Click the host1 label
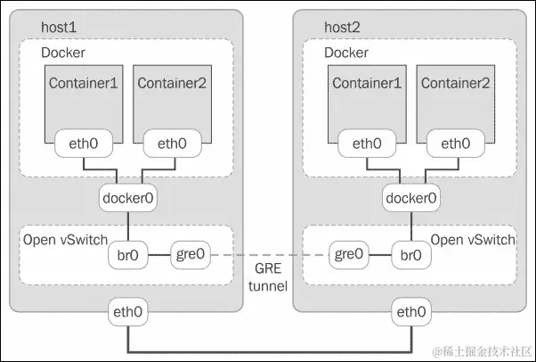[59, 27]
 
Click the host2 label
[343, 27]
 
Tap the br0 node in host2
[410, 255]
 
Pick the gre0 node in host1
[190, 255]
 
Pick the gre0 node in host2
[350, 255]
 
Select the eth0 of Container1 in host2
[366, 144]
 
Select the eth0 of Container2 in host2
[454, 144]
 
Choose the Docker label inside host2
[346, 53]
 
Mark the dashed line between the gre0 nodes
[268, 255]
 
